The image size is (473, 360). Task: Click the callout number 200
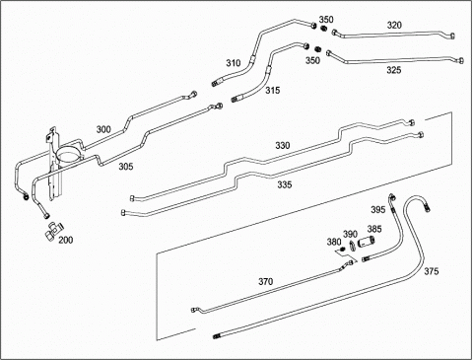pyautogui.click(x=66, y=240)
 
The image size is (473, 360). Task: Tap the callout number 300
pyautogui.click(x=103, y=129)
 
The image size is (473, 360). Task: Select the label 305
pyautogui.click(x=126, y=167)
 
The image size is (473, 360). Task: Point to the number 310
pyautogui.click(x=234, y=63)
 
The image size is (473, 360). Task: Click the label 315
pyautogui.click(x=273, y=90)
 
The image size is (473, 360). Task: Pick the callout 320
pyautogui.click(x=394, y=25)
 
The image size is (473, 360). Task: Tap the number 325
pyautogui.click(x=394, y=70)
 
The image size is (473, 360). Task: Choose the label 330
pyautogui.click(x=283, y=145)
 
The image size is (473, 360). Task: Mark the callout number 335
pyautogui.click(x=285, y=184)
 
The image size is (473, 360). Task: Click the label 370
pyautogui.click(x=265, y=282)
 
